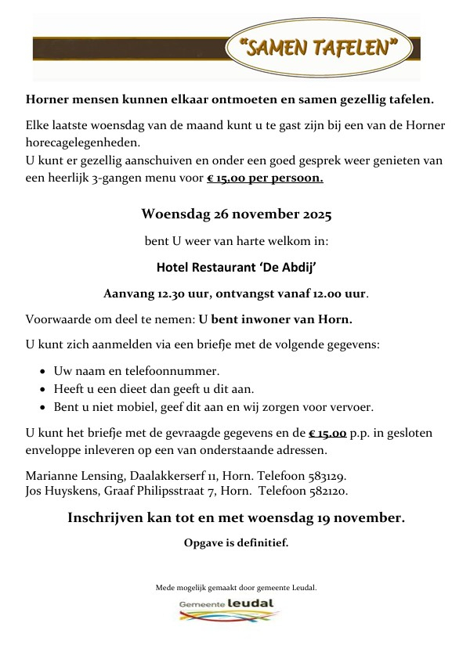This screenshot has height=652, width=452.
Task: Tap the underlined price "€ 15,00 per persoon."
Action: point(264,178)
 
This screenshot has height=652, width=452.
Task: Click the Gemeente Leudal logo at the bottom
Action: point(226,609)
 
